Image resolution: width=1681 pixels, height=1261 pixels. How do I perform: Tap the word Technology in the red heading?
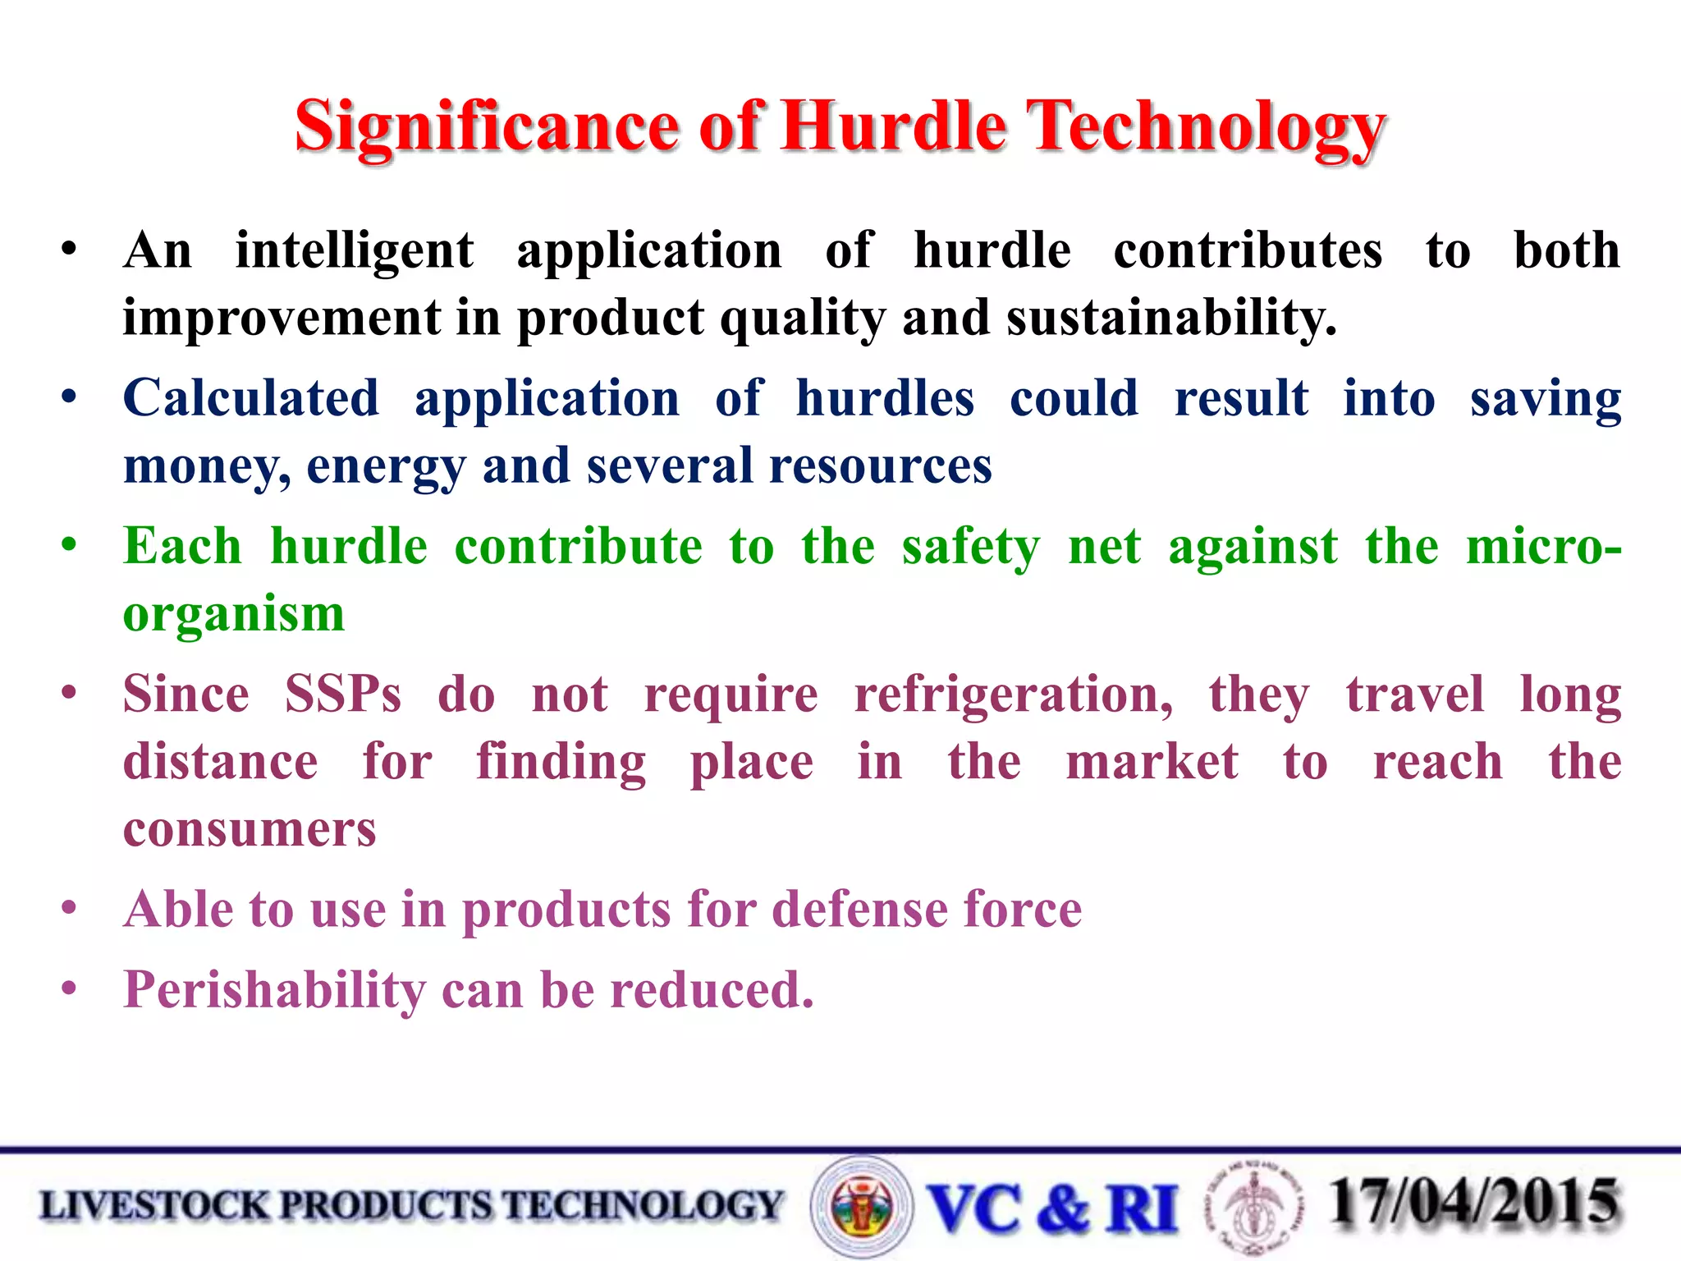[1208, 127]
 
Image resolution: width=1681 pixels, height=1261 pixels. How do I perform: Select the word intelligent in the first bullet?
[354, 250]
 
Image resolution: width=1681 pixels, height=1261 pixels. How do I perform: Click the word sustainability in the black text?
[1171, 319]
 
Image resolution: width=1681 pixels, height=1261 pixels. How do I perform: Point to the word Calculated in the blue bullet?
[251, 399]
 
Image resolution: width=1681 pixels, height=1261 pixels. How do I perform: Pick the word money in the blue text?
[205, 466]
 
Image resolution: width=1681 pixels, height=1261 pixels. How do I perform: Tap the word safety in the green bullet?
[970, 548]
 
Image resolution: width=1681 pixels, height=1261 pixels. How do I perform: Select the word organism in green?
[234, 614]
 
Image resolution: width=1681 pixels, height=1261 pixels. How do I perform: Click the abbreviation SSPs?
[343, 695]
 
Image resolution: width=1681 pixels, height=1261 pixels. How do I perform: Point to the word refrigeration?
[1014, 695]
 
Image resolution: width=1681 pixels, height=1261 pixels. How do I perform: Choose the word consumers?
[250, 829]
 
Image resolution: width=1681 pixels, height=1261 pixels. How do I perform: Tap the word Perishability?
[274, 990]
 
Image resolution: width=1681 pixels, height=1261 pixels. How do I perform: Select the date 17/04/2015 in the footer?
[1474, 1204]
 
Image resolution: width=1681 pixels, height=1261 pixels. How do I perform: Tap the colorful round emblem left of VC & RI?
[861, 1207]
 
